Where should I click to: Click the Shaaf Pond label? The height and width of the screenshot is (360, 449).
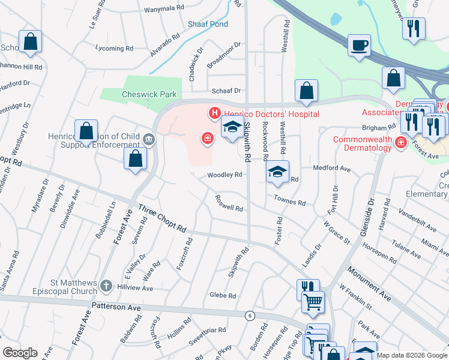coord(208,25)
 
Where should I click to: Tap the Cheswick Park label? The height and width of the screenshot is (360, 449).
coord(141,94)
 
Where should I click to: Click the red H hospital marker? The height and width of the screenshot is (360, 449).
coord(213,112)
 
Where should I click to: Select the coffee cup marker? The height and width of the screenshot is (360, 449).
coord(359,46)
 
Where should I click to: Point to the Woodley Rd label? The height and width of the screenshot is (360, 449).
coord(224,175)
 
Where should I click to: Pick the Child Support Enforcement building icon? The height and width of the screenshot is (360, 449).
coord(148,140)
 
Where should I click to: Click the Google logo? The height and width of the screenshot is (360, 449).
coord(20,352)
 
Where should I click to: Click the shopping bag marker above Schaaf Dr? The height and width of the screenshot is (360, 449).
coord(306,91)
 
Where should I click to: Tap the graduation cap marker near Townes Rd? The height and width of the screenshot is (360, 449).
coord(277,172)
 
